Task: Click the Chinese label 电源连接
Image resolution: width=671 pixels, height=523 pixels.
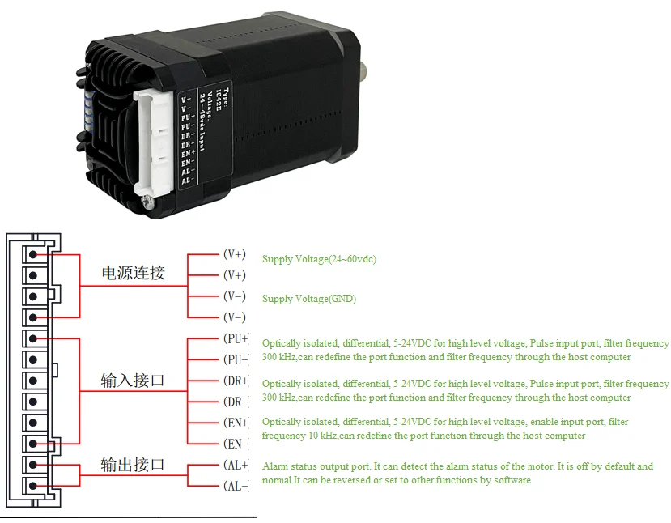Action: click(x=133, y=273)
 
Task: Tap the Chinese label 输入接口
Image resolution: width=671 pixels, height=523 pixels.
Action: click(x=133, y=380)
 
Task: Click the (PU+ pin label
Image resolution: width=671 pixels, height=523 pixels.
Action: click(x=235, y=338)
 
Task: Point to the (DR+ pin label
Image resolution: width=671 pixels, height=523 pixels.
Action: click(x=235, y=381)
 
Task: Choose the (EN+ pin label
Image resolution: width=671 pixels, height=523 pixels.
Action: click(x=235, y=423)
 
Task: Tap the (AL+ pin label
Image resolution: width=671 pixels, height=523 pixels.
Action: click(x=235, y=466)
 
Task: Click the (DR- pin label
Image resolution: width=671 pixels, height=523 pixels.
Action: click(x=235, y=402)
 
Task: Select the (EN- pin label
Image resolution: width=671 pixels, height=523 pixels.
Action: click(x=235, y=444)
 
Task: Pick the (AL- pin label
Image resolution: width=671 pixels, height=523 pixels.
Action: click(x=235, y=487)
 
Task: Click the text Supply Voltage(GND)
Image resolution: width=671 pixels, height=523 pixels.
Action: click(x=308, y=299)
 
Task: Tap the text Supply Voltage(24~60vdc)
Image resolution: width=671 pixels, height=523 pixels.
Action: click(x=319, y=259)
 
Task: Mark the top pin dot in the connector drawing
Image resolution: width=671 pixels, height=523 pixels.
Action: click(x=33, y=254)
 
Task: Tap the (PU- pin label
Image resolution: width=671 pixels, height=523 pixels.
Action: click(x=235, y=359)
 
